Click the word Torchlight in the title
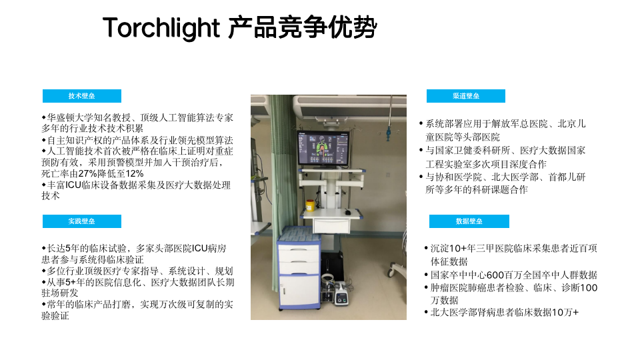click(161, 28)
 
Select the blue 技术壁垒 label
click(81, 96)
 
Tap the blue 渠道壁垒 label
click(466, 96)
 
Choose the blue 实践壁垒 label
click(81, 221)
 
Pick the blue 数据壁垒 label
click(469, 221)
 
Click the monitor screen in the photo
click(323, 149)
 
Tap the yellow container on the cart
click(310, 205)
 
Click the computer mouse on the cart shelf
click(347, 212)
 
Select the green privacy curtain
click(281, 184)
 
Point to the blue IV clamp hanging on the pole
click(388, 133)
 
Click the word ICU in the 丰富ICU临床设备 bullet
click(73, 185)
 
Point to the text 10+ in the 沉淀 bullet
click(458, 249)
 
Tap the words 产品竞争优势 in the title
click(303, 28)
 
